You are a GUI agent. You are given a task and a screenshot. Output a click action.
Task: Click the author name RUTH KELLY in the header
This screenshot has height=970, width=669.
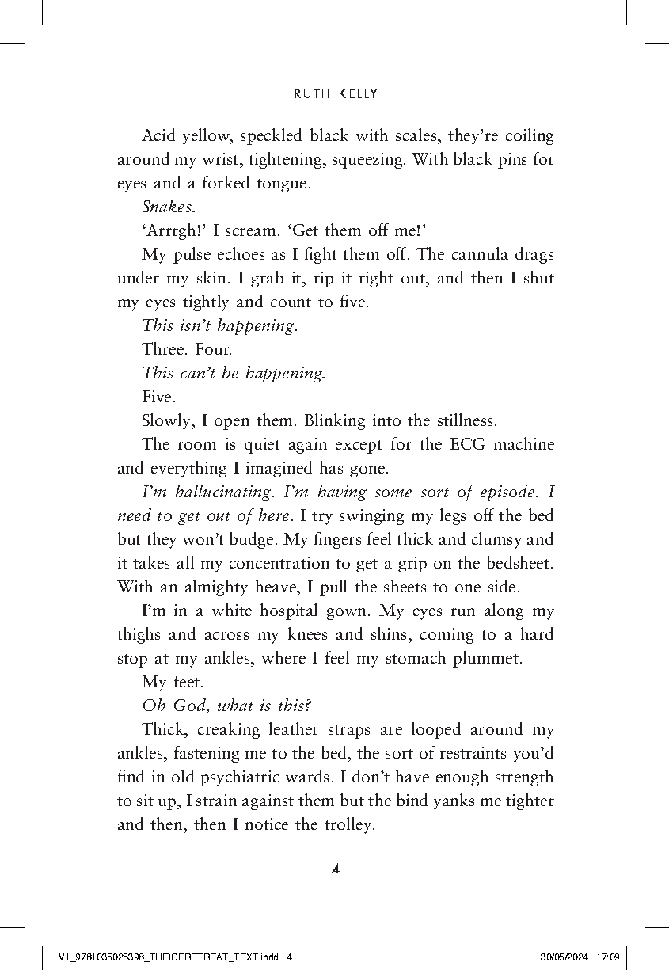(336, 94)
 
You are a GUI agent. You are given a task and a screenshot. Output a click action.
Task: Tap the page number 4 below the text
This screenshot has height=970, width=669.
(335, 869)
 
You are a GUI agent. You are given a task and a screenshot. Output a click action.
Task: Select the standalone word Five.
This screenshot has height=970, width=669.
(158, 398)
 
